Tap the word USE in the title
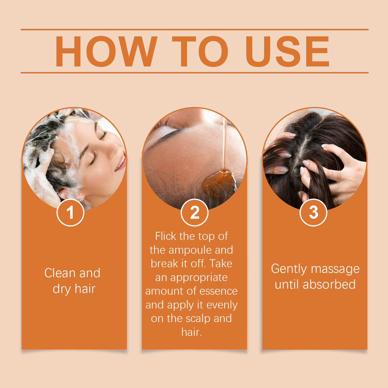tap(287, 51)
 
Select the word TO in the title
tap(200, 51)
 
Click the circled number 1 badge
tap(70, 213)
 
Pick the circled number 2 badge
tap(194, 213)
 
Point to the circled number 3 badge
tap(314, 212)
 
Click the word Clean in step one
tap(60, 273)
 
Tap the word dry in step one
tap(61, 289)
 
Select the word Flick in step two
tap(166, 236)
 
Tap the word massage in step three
tap(335, 269)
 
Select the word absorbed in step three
tap(329, 284)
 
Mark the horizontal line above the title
tap(194, 29)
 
